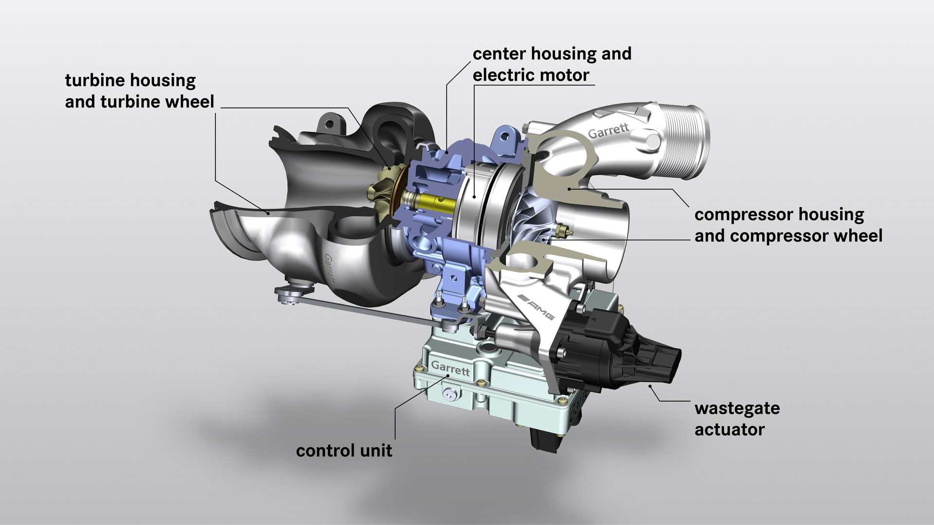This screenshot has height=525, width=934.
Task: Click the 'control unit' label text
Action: pos(343,451)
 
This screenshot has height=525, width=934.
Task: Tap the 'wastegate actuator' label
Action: pos(736,419)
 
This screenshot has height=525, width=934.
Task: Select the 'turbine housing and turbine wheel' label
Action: pos(139,91)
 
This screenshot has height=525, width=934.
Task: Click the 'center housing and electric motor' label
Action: pos(552,64)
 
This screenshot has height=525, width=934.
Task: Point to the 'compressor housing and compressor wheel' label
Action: pos(788,225)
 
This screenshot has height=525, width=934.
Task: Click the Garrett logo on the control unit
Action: pos(450,368)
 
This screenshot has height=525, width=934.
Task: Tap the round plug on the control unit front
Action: pos(448,395)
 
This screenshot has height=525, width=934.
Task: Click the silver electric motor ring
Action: pos(479,204)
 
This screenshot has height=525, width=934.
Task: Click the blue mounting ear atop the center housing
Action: pos(506,138)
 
